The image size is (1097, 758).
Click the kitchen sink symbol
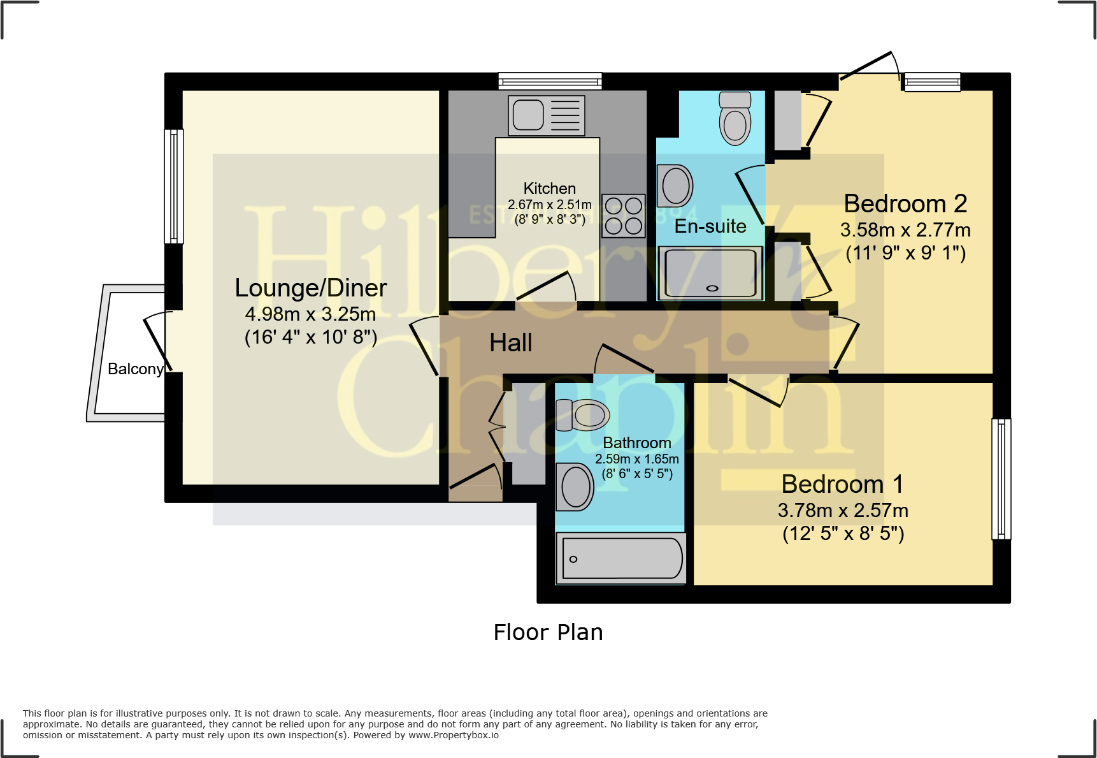tap(547, 115)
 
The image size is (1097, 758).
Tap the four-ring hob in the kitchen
tap(624, 215)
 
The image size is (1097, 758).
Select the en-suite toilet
tap(735, 119)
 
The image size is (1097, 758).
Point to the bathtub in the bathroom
tap(621, 558)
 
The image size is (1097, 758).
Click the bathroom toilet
tap(583, 415)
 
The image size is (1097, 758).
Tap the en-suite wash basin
tap(675, 186)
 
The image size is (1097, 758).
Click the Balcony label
tap(135, 369)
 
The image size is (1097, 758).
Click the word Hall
tap(510, 343)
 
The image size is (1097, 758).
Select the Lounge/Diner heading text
tap(310, 288)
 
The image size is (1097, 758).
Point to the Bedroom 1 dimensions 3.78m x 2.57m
tap(842, 511)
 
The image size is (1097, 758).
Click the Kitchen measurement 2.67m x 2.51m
tap(549, 205)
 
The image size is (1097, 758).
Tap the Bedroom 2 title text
tap(905, 204)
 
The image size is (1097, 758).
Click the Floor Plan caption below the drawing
tap(548, 632)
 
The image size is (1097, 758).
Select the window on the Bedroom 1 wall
tap(1001, 479)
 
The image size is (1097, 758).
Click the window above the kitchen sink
tap(550, 81)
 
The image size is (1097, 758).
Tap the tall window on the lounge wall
tap(174, 186)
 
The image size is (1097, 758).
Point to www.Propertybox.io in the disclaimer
tap(453, 735)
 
